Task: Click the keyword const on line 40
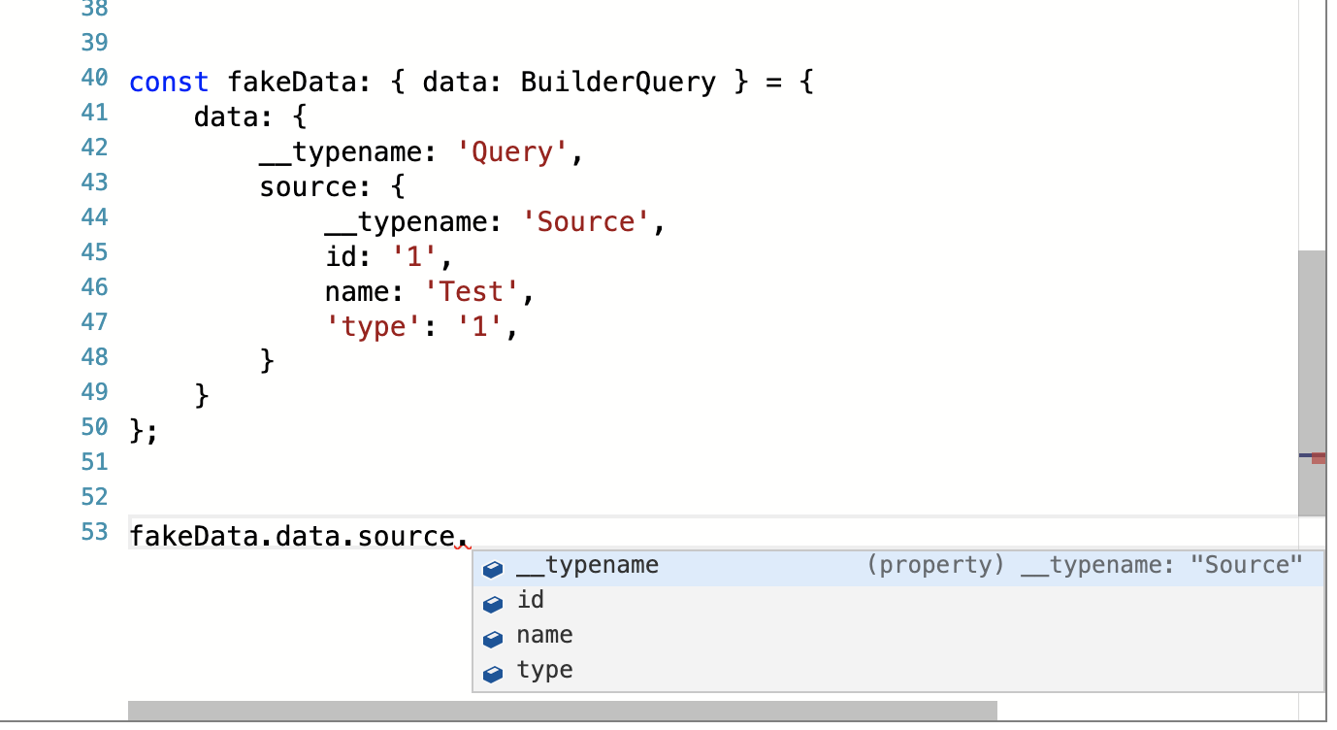(169, 82)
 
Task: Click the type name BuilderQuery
(618, 82)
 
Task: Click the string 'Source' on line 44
(586, 222)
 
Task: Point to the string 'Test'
(472, 292)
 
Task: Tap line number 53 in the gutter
(94, 533)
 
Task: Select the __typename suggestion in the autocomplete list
(587, 565)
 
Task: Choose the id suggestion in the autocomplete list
(531, 600)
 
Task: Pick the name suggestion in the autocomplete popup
(544, 635)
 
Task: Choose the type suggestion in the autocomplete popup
(544, 670)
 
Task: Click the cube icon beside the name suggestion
(493, 639)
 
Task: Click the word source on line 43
(308, 187)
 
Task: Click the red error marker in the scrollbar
(1318, 457)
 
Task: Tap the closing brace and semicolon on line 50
(143, 432)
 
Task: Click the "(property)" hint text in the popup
(934, 565)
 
